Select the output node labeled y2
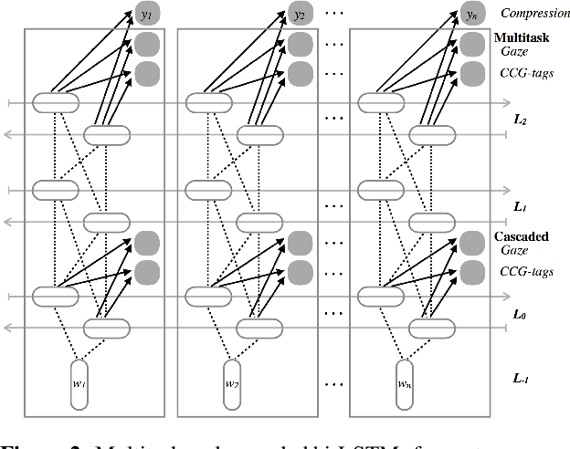[x=299, y=15]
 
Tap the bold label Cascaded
[x=522, y=236]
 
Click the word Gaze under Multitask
[x=516, y=52]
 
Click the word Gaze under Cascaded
[x=516, y=249]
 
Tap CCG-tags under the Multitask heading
[x=528, y=73]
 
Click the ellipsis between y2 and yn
[x=336, y=16]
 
